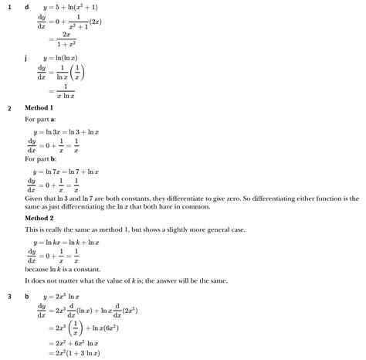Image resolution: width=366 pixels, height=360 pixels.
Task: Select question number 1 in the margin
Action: click(x=9, y=7)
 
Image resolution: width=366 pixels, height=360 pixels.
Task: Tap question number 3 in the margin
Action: click(x=9, y=297)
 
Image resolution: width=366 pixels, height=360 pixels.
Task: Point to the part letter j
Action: click(x=27, y=57)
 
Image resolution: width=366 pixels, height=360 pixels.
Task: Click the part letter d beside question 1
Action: click(x=27, y=7)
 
